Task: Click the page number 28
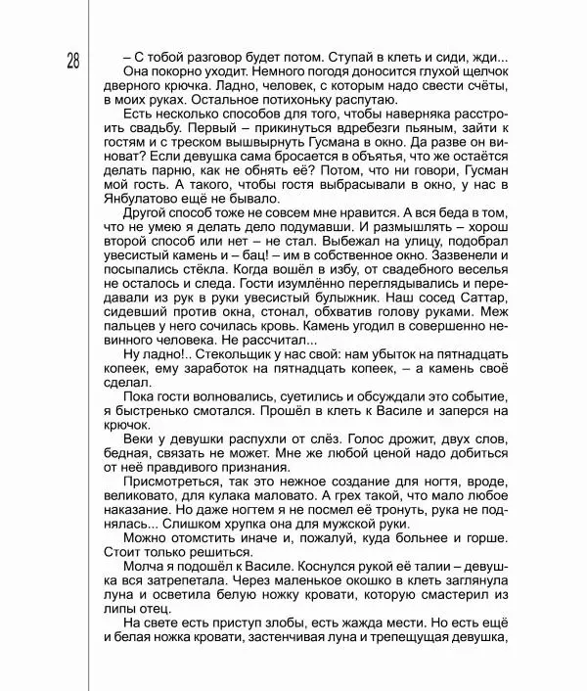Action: coord(74,62)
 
